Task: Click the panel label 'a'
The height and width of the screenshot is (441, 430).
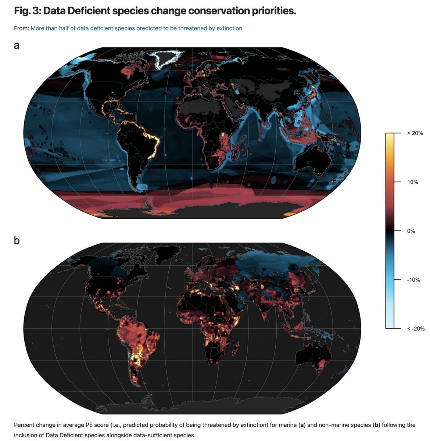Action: tap(17, 46)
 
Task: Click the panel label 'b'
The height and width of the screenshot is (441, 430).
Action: tap(17, 240)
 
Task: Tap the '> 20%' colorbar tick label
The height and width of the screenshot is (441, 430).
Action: tap(415, 133)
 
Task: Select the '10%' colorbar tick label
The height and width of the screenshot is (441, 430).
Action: tap(412, 182)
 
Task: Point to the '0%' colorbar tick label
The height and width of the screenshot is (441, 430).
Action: tap(411, 231)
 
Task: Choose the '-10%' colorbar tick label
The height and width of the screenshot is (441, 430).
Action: tap(413, 280)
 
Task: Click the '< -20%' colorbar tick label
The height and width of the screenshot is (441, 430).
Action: tap(416, 329)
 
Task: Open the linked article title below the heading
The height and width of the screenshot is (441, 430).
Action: tap(136, 28)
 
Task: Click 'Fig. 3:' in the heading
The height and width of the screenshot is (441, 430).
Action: tap(27, 11)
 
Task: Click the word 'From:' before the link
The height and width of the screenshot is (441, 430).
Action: tap(21, 28)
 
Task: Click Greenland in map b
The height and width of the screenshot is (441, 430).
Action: tap(167, 254)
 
